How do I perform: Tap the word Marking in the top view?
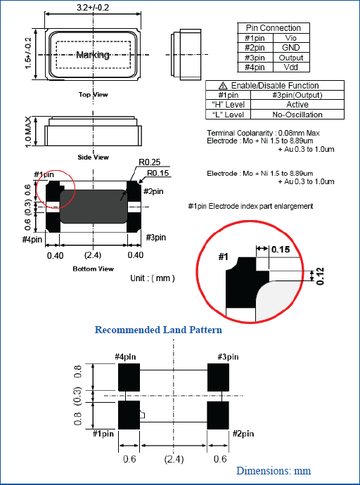[x=92, y=55]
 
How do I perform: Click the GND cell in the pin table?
[x=290, y=48]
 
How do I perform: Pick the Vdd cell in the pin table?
[x=290, y=67]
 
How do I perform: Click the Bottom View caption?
[x=93, y=269]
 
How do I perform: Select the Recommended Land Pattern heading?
[x=158, y=330]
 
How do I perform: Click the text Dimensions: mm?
[x=274, y=470]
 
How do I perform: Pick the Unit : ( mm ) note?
[x=153, y=278]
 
